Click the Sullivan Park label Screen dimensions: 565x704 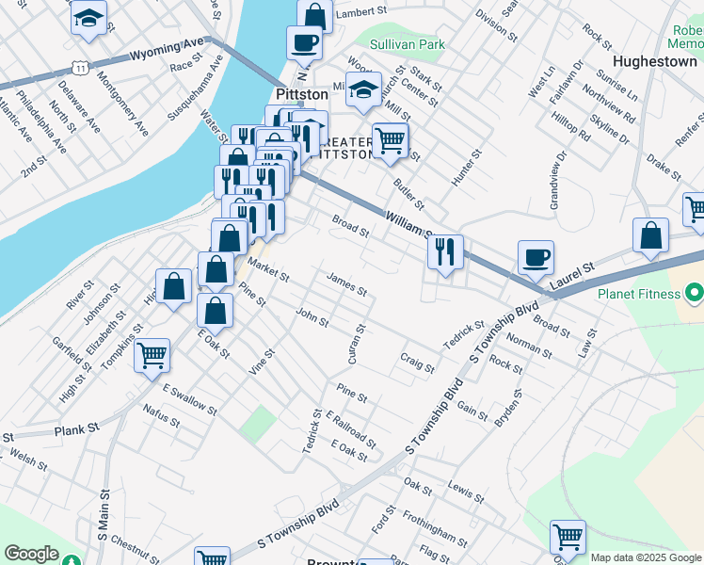pyautogui.click(x=407, y=43)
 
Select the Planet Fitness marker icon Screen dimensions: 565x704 pyautogui.click(x=695, y=294)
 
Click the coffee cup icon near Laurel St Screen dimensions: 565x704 pyautogui.click(x=536, y=256)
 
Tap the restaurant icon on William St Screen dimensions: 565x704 pyautogui.click(x=445, y=251)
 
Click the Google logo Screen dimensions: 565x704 pyautogui.click(x=32, y=554)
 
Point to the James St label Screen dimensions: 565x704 pyautogui.click(x=345, y=283)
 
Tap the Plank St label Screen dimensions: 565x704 pyautogui.click(x=77, y=429)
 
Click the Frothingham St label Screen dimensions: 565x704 pyautogui.click(x=434, y=527)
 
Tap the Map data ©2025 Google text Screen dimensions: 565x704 pyautogui.click(x=646, y=557)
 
